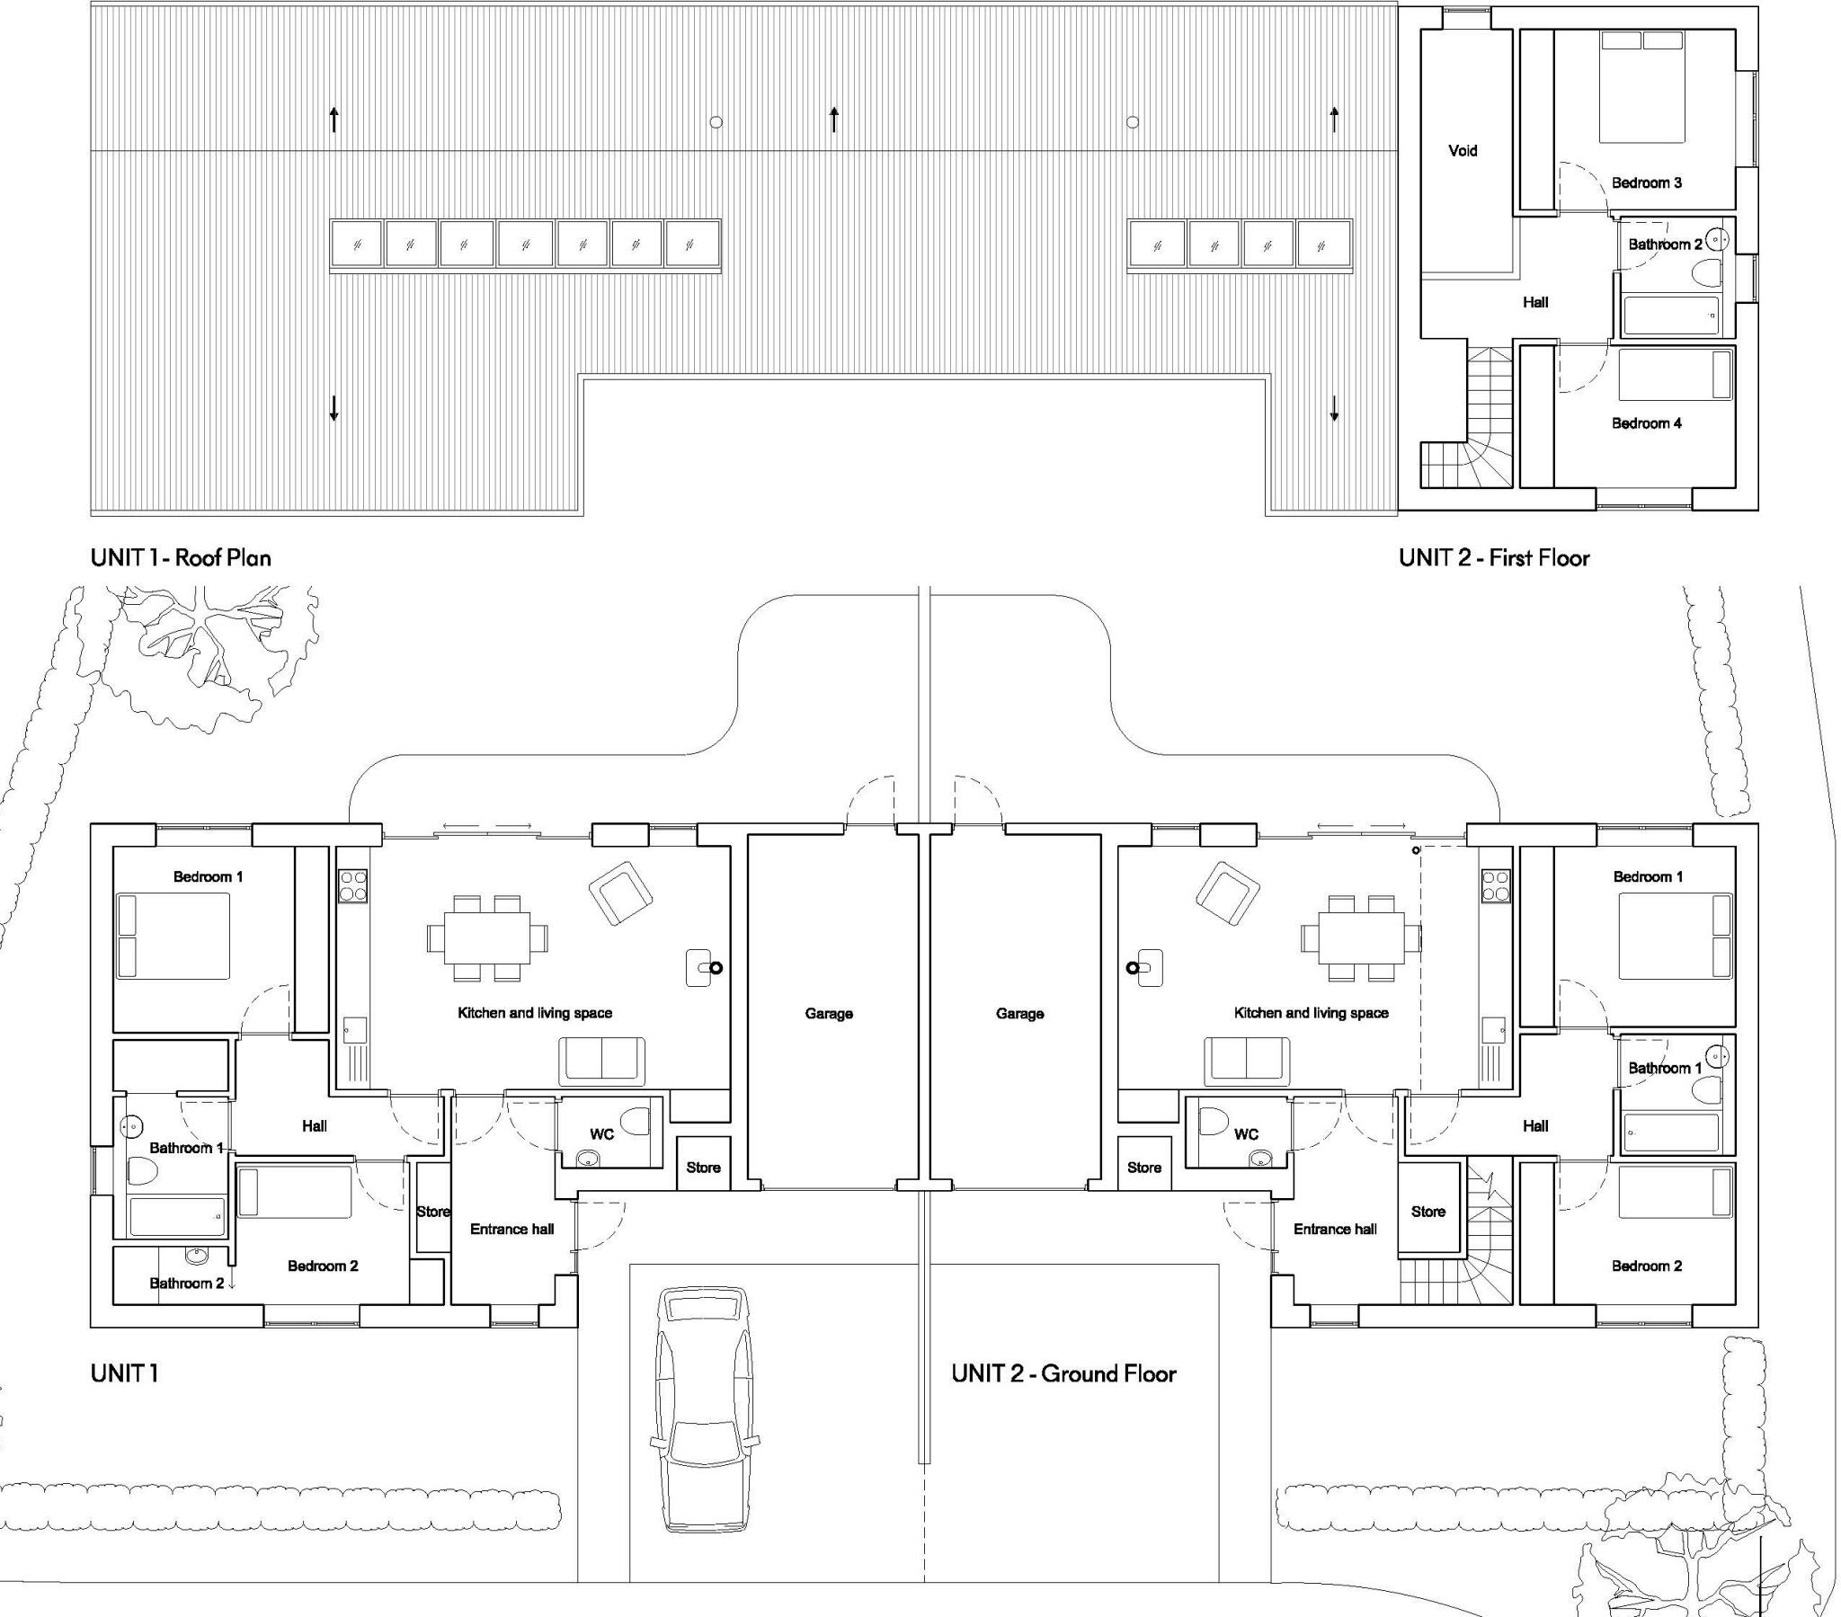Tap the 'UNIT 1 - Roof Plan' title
point(180,557)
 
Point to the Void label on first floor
point(1462,150)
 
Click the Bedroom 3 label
point(1646,182)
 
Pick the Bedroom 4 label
point(1646,422)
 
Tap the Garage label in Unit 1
point(828,1014)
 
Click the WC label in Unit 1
point(601,1134)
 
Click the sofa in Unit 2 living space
point(1247,1061)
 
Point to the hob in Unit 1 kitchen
point(352,885)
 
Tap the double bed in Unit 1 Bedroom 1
point(173,936)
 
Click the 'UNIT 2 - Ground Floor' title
point(1063,1373)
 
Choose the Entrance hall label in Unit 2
point(1334,1229)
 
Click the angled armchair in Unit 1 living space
point(620,893)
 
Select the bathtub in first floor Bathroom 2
point(1670,316)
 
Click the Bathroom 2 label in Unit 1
point(186,1283)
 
